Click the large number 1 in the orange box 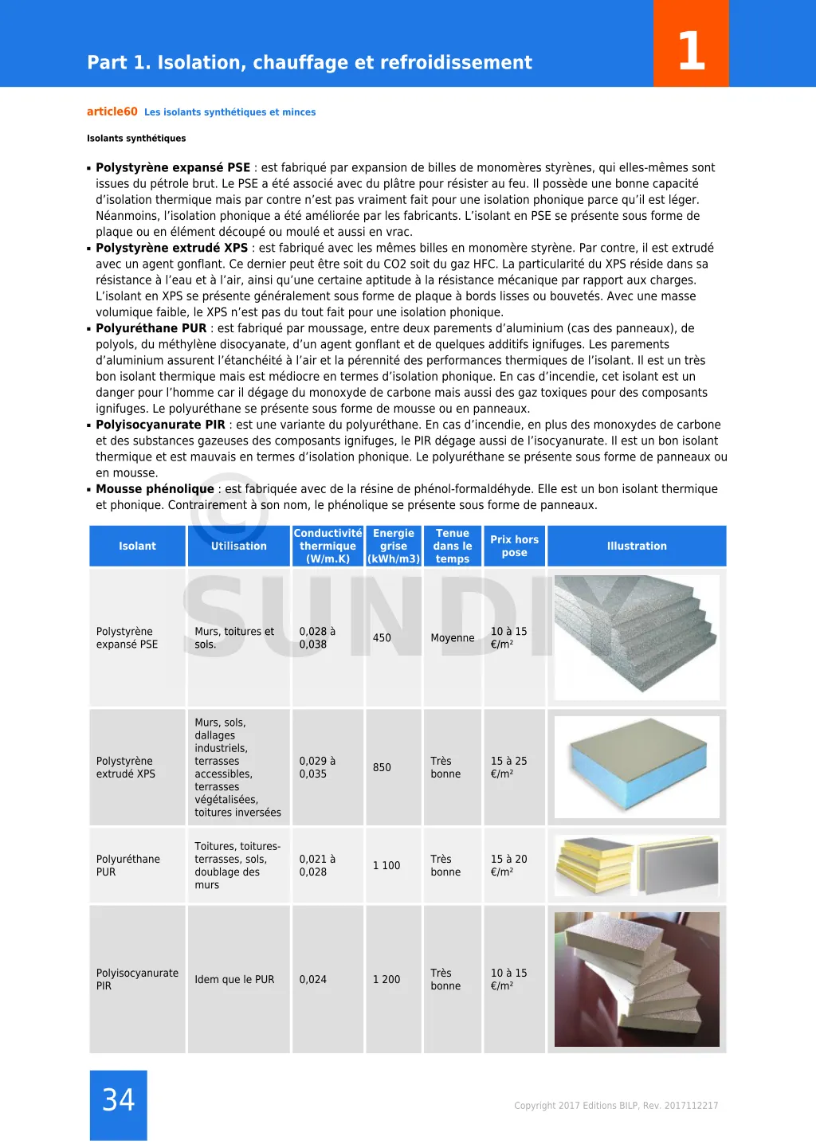691,50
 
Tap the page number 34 119,1100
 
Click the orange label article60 112,112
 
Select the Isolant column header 137,546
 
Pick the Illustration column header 637,546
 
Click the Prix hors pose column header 514,546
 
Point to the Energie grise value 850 382,767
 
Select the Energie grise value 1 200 386,979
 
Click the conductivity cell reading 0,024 313,979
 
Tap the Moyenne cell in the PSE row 452,637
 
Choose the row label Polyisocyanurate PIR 137,979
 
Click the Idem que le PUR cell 234,979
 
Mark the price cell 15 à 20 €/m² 508,865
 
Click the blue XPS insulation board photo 637,766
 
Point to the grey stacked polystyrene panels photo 637,637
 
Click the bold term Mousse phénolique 155,488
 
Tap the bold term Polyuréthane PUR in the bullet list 151,328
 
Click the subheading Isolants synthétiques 136,139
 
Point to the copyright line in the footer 616,1105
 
